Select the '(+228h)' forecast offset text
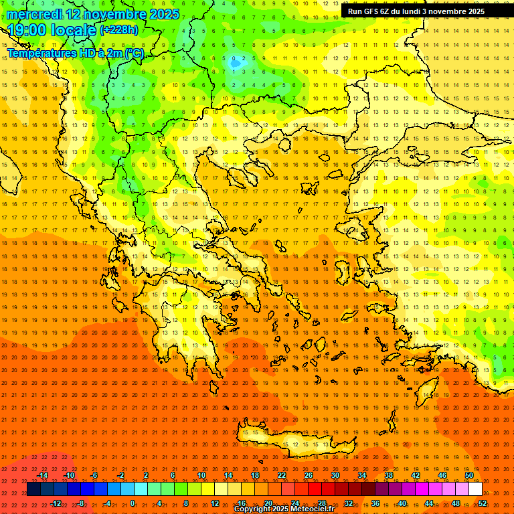pyautogui.click(x=119, y=30)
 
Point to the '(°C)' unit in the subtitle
pyautogui.click(x=134, y=53)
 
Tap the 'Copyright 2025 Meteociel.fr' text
pyautogui.click(x=284, y=509)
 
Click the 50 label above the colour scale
pyautogui.click(x=469, y=475)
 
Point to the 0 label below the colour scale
pyautogui.click(x=133, y=503)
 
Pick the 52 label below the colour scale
pyautogui.click(x=483, y=503)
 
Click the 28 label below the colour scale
pyautogui.click(x=322, y=503)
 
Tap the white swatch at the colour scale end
pyautogui.click(x=476, y=489)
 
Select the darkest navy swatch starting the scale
pyautogui.click(x=33, y=489)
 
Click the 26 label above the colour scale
pyautogui.click(x=309, y=475)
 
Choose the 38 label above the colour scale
pyautogui.click(x=389, y=475)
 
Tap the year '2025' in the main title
pyautogui.click(x=164, y=14)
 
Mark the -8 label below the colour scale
pyautogui.click(x=80, y=503)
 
